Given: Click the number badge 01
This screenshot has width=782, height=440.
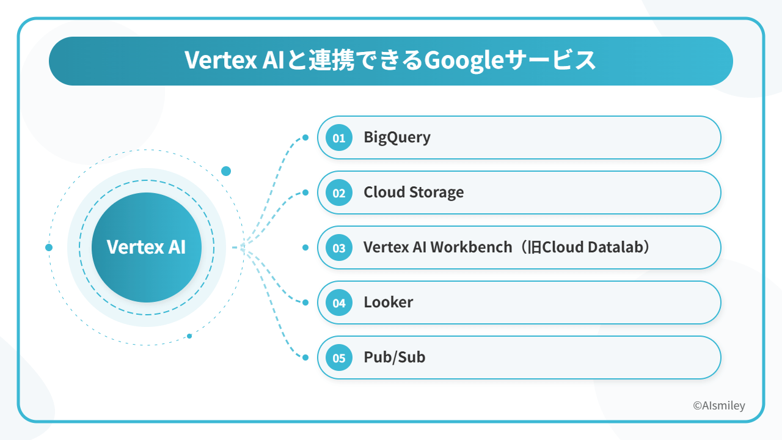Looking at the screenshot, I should pos(338,138).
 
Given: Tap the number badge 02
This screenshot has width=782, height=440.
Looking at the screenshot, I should pos(338,193).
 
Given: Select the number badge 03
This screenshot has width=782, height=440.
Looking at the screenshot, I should pos(338,248).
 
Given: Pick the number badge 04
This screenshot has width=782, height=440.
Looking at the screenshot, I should pos(338,303).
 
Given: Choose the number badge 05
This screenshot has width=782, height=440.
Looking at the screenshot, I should pos(338,358).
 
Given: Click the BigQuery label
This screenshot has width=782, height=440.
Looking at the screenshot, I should pos(397,137).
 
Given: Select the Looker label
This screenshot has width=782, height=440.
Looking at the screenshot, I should pos(389,302).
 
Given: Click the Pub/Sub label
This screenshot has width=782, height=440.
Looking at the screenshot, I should pos(395,358).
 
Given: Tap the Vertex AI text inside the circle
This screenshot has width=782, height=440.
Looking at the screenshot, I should pos(146,248).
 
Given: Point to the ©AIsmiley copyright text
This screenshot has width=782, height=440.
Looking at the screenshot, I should pos(719,406).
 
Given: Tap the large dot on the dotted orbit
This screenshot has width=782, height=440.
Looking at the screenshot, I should pos(226,171).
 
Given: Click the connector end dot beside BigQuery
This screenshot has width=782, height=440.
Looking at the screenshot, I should pos(306,137).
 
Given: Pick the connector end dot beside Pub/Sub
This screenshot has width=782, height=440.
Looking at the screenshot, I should pos(306,358).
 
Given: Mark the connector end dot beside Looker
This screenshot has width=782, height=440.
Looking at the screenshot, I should pos(306,302).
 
